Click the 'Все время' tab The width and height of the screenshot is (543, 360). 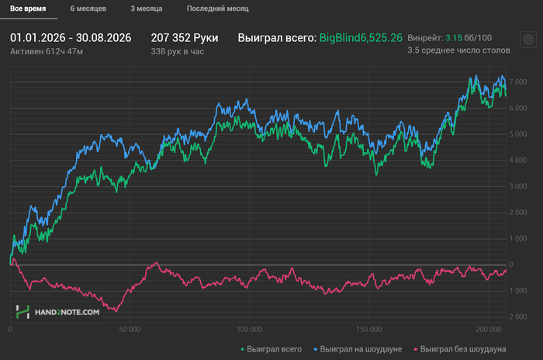click(28, 9)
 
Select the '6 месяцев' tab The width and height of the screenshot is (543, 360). click(88, 9)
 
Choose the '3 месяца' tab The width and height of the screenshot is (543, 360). click(147, 9)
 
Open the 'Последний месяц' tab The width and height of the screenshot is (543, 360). click(218, 9)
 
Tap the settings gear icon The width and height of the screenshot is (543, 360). click(528, 40)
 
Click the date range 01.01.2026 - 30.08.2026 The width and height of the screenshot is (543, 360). click(71, 38)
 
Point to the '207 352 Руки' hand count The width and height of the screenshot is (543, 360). click(185, 38)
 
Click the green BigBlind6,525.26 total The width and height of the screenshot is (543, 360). click(361, 38)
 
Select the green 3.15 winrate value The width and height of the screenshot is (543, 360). click(454, 38)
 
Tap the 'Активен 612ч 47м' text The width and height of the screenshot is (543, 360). click(47, 52)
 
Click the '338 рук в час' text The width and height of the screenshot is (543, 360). click(178, 52)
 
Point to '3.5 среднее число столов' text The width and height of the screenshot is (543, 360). click(459, 50)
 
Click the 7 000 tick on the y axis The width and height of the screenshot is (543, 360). click(518, 82)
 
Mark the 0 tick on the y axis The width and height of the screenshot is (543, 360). click(511, 265)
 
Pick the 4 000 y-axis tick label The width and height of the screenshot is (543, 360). click(518, 161)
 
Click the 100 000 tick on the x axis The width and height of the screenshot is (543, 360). click(249, 330)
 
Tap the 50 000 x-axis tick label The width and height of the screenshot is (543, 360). click(130, 330)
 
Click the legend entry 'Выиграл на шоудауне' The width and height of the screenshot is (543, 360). click(358, 349)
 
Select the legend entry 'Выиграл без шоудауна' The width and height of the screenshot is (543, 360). click(460, 349)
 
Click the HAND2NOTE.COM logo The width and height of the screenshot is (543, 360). click(58, 312)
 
